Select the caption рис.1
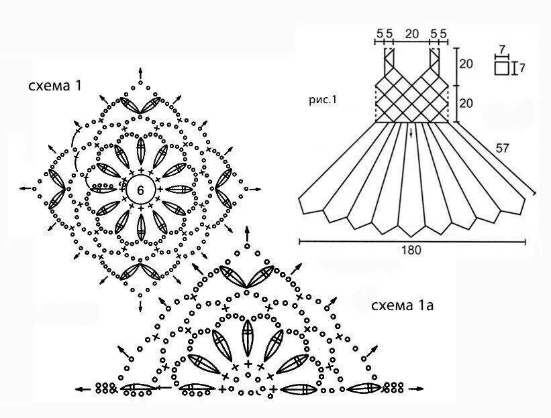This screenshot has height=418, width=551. click(322, 100)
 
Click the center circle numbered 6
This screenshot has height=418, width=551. click(140, 190)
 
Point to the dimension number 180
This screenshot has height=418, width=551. click(411, 251)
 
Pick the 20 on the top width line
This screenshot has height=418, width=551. click(412, 32)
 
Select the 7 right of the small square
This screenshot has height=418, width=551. click(521, 68)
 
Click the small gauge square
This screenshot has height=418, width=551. click(501, 68)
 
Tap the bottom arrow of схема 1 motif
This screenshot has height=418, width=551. click(140, 306)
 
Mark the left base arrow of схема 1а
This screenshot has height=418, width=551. click(83, 388)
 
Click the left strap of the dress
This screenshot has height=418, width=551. click(389, 61)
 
